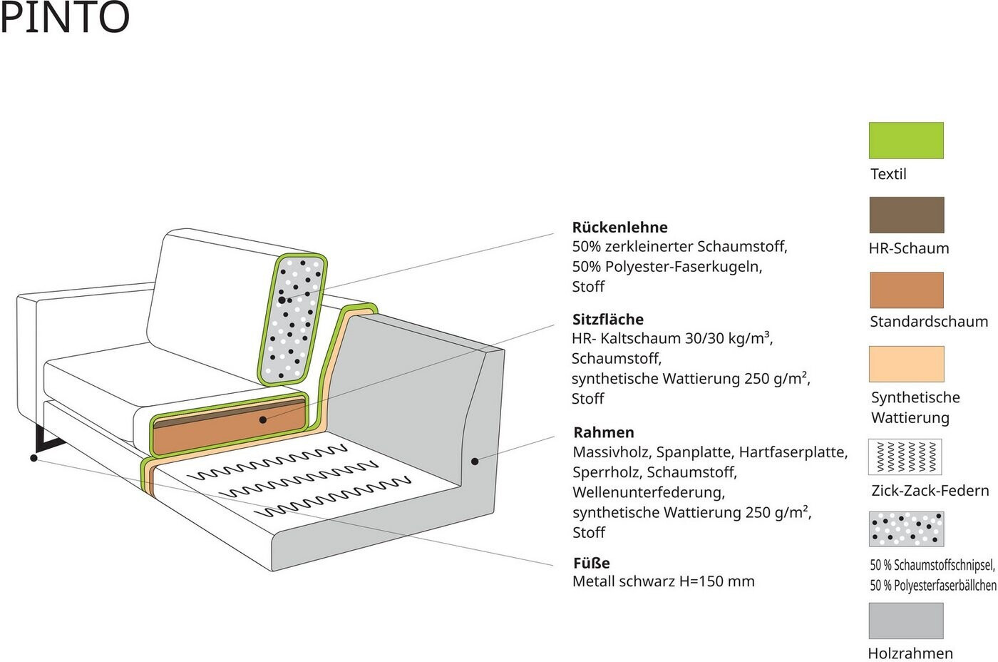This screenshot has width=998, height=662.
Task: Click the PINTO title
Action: (x=65, y=17)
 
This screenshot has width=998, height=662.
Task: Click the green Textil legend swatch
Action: (x=906, y=141)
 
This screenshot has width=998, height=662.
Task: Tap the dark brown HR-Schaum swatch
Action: (x=907, y=215)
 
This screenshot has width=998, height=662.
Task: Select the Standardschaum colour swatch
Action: (x=907, y=290)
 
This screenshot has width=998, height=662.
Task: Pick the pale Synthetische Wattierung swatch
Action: (x=906, y=364)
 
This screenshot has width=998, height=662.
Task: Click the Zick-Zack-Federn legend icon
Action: (x=905, y=457)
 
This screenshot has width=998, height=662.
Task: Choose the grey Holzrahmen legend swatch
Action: (x=906, y=621)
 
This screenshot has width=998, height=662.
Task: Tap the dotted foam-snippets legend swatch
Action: (x=906, y=529)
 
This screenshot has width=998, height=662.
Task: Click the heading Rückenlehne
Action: (x=619, y=228)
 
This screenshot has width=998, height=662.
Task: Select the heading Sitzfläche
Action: (x=607, y=319)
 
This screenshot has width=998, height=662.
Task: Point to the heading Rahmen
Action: (x=604, y=432)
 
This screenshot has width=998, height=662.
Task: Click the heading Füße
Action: (x=591, y=563)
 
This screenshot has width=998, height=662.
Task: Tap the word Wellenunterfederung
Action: (x=649, y=493)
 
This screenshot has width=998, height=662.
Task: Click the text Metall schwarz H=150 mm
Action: (x=664, y=581)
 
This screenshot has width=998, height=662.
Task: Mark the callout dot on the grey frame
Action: (x=475, y=462)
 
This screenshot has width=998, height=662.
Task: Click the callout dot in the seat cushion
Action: (x=263, y=420)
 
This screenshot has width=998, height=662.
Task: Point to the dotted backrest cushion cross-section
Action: (x=293, y=319)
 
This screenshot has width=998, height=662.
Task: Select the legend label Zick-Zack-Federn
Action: (x=930, y=491)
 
